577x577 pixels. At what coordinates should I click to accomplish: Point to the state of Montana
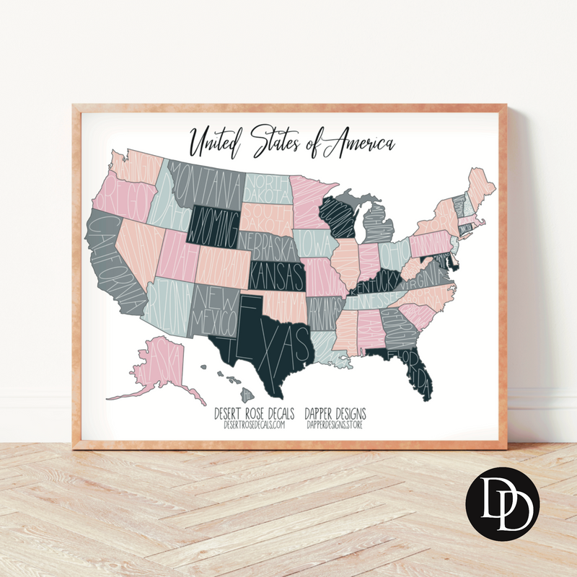[206, 180]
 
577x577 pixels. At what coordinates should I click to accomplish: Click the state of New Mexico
[213, 310]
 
